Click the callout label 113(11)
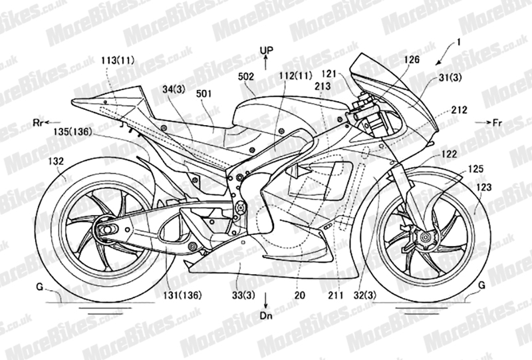118,61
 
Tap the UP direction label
267,51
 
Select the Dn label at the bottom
267,315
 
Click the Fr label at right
497,123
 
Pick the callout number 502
246,77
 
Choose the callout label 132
56,161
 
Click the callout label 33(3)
244,295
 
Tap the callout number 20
300,295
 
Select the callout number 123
483,187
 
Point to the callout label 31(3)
450,78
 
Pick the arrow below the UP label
266,63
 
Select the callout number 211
336,295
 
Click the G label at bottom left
40,287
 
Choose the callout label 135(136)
72,132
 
